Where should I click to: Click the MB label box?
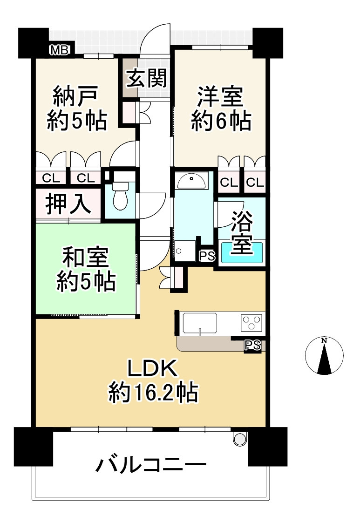(59, 50)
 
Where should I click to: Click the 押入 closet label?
(68, 204)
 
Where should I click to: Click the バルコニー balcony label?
(151, 465)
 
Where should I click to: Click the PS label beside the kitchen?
(252, 345)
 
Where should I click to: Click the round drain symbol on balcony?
(239, 438)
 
